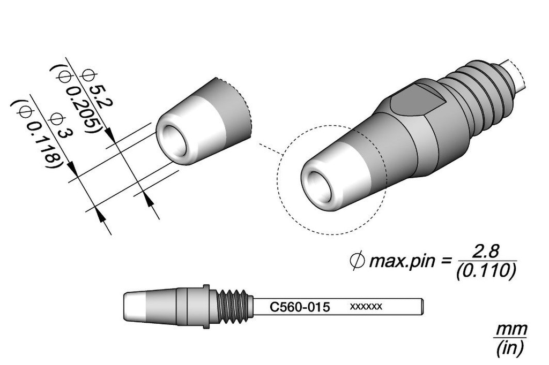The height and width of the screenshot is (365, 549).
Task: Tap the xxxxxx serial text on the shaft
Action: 366,307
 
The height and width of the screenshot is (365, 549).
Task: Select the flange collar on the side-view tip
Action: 204,307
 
